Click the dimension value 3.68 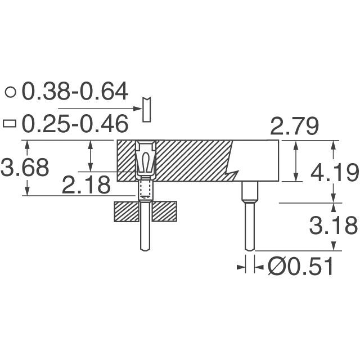pos(25,168)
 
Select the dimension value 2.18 pos(86,184)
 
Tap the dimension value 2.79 pos(295,127)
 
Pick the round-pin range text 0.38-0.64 pos(75,91)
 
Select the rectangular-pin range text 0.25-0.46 pos(74,123)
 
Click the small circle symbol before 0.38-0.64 pos(10,92)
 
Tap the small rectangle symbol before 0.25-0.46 pos(10,123)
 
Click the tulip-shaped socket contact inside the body pos(145,160)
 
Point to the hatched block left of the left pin pos(125,211)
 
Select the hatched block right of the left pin pos(164,211)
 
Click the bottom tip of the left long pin pos(145,248)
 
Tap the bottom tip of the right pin pos(249,247)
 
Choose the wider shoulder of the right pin pos(249,191)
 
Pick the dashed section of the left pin pos(145,190)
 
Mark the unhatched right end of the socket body pos(259,160)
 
